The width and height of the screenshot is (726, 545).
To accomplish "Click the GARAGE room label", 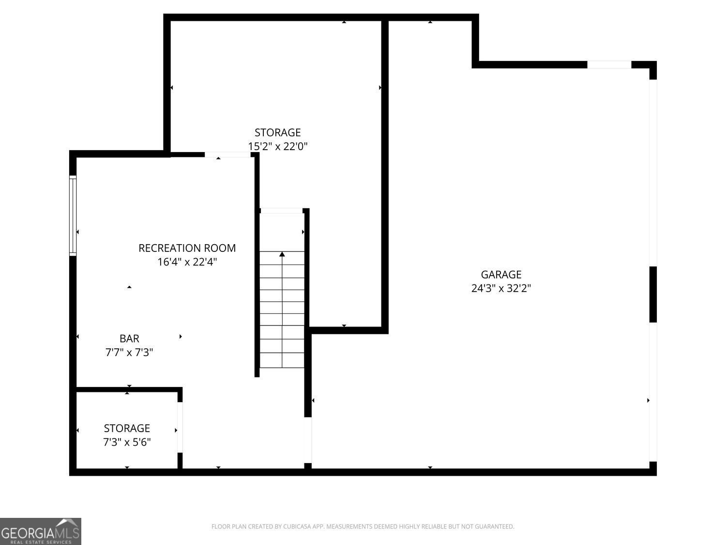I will [501, 275].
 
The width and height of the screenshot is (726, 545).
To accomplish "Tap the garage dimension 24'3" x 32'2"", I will [501, 288].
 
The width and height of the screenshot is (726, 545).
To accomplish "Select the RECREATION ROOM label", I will [187, 248].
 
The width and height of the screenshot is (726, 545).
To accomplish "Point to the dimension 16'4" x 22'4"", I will [187, 262].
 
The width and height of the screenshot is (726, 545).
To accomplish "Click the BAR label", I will [129, 339].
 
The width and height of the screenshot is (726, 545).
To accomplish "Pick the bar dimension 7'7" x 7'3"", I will [129, 352].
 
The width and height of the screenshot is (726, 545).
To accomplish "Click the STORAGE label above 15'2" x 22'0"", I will [277, 132].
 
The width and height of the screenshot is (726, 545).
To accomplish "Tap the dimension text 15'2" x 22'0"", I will [277, 146].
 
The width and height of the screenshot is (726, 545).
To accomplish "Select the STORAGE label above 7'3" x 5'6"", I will [127, 428].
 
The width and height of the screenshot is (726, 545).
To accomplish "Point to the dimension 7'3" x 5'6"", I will [127, 442].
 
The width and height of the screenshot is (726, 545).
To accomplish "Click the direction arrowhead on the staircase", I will [282, 254].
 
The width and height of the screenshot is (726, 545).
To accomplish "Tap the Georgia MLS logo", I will [40, 531].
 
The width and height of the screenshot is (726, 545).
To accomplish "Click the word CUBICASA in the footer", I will [297, 527].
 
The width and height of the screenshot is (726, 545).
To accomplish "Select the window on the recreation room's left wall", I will [73, 216].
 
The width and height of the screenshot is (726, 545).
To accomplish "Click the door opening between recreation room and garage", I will [308, 440].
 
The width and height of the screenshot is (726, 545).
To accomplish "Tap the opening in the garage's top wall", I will [609, 64].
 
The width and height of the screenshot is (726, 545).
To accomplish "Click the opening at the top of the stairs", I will [281, 211].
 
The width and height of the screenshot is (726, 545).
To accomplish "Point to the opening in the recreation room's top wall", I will [227, 155].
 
